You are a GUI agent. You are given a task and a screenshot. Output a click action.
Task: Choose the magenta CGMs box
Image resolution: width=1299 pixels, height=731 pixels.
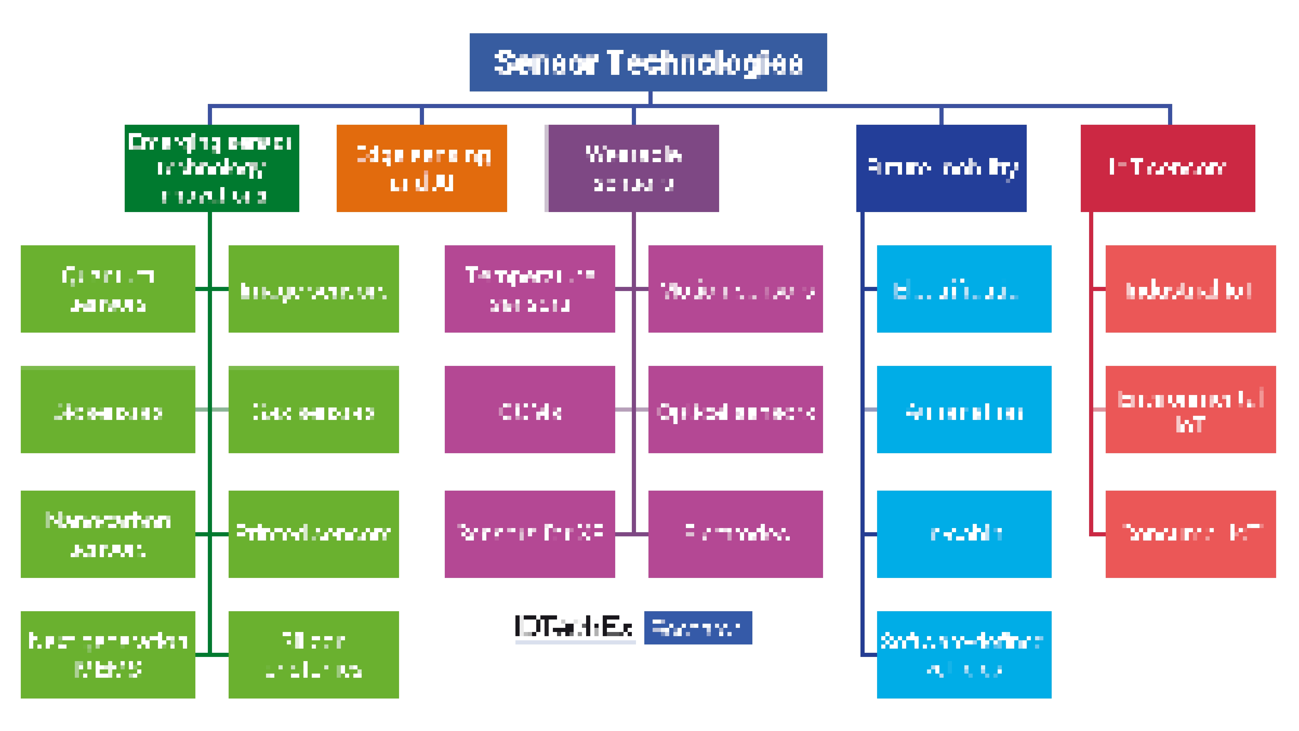(x=529, y=410)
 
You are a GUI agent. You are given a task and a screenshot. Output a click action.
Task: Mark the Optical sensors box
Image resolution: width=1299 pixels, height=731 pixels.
(x=735, y=410)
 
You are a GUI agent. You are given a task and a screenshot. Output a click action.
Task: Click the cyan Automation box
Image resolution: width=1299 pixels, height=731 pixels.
(x=964, y=410)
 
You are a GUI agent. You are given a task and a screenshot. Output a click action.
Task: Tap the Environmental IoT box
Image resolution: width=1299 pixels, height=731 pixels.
(x=1190, y=410)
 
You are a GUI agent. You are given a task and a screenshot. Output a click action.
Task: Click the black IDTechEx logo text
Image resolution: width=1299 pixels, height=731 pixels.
(x=574, y=627)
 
